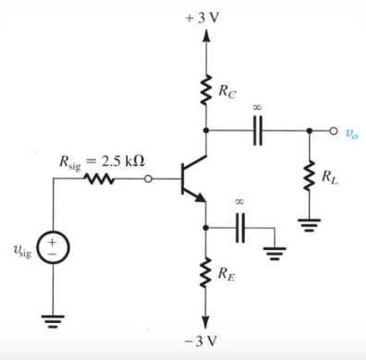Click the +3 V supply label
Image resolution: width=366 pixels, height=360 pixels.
click(201, 18)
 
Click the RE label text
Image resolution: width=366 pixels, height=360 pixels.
click(226, 274)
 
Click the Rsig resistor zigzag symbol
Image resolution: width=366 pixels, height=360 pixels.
click(100, 181)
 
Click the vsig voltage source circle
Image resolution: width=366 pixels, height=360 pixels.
click(53, 251)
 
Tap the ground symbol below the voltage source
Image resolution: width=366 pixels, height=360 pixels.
click(53, 323)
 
